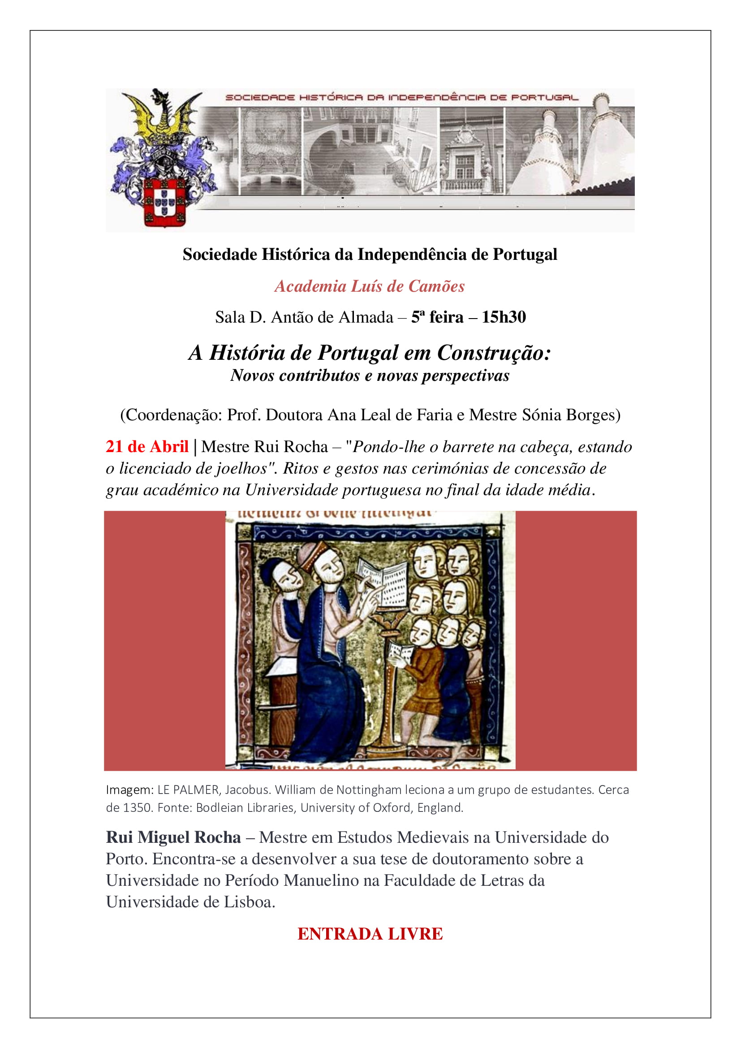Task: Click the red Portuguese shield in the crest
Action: pyautogui.click(x=164, y=203)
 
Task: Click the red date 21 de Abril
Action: pyautogui.click(x=147, y=446)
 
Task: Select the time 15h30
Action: pyautogui.click(x=504, y=317)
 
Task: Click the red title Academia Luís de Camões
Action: pyautogui.click(x=370, y=286)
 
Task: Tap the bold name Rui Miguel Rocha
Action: pyautogui.click(x=173, y=837)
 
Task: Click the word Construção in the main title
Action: pyautogui.click(x=494, y=353)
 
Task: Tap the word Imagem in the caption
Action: pyautogui.click(x=129, y=789)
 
